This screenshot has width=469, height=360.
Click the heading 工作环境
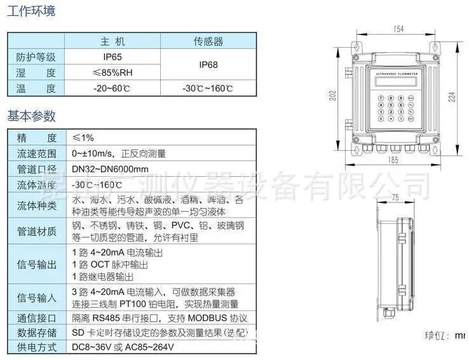click(x=31, y=12)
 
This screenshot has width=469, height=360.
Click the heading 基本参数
click(x=31, y=116)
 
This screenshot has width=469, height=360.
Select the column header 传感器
click(x=208, y=42)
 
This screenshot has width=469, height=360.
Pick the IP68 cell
click(x=208, y=65)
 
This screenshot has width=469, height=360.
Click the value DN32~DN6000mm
click(x=109, y=169)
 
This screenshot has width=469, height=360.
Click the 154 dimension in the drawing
click(x=399, y=29)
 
